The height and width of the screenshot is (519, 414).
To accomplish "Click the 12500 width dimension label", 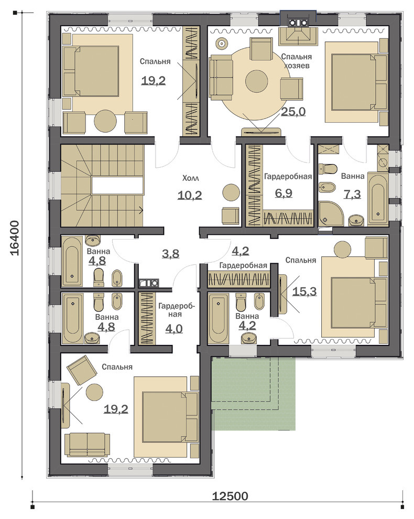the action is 230,496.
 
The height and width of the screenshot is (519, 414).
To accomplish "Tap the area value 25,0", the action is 293,111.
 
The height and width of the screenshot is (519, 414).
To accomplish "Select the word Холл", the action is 191,178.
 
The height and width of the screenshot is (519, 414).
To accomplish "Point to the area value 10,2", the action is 190,195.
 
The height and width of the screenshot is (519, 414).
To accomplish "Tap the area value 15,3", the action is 304,291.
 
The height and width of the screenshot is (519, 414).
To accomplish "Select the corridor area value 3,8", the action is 170,254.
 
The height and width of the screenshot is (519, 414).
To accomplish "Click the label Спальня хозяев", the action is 297,61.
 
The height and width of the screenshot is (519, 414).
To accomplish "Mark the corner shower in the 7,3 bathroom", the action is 328,214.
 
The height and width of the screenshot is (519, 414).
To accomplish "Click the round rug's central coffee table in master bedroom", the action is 256,81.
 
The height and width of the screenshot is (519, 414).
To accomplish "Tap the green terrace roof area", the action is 253,393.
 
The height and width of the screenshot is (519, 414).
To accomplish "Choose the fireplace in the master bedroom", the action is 298,33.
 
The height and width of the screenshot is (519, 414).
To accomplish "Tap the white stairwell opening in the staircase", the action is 118,186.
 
